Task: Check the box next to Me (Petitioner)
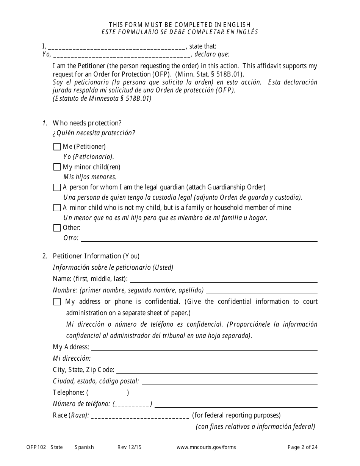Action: (x=57, y=147)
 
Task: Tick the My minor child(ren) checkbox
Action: (x=57, y=167)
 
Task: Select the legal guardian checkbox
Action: (x=57, y=187)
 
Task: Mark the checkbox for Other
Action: (x=57, y=228)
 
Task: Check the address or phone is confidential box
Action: (x=57, y=302)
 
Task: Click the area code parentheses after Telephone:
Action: (x=108, y=393)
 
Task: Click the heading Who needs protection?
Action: (x=87, y=123)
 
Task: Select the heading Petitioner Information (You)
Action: (x=96, y=256)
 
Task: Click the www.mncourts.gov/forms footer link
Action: (x=206, y=447)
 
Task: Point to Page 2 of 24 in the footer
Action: (x=302, y=447)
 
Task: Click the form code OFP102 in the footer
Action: (x=36, y=447)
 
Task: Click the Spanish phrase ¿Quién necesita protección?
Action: (x=94, y=133)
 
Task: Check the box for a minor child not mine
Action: (x=57, y=208)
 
